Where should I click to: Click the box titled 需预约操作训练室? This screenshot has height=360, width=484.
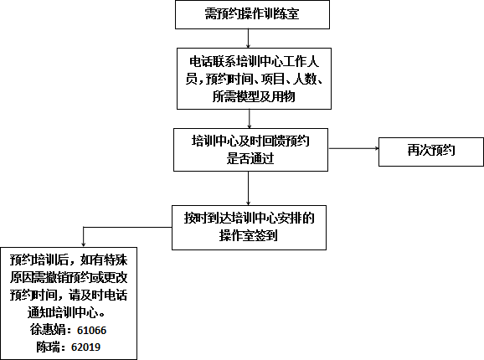(x=252, y=15)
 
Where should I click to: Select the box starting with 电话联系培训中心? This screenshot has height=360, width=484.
(x=254, y=79)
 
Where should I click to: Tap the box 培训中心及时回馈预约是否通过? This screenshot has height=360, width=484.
(x=250, y=150)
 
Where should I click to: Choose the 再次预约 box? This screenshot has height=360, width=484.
(x=431, y=152)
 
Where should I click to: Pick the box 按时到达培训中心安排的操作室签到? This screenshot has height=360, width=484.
(x=249, y=228)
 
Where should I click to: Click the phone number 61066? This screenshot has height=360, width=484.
(x=91, y=331)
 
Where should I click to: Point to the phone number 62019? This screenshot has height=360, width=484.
(x=85, y=347)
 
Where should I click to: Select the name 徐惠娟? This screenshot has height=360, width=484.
(x=49, y=330)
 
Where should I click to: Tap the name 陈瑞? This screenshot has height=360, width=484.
(x=49, y=347)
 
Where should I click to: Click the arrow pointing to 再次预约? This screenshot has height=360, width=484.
(x=353, y=148)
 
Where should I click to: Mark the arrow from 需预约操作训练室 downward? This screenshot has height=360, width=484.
(x=248, y=39)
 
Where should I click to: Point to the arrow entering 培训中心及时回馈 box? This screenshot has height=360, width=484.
(x=250, y=119)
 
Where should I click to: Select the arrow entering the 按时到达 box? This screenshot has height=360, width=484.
(x=248, y=188)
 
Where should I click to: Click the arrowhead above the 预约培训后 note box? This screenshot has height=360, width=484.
(x=84, y=244)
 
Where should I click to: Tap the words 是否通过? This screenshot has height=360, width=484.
(x=250, y=158)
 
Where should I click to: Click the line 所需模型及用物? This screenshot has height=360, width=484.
(x=254, y=96)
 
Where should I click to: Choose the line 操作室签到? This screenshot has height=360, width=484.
(x=249, y=236)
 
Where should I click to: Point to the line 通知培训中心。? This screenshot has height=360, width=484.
(x=68, y=313)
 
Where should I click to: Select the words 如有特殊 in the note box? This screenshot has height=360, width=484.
(x=104, y=260)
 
